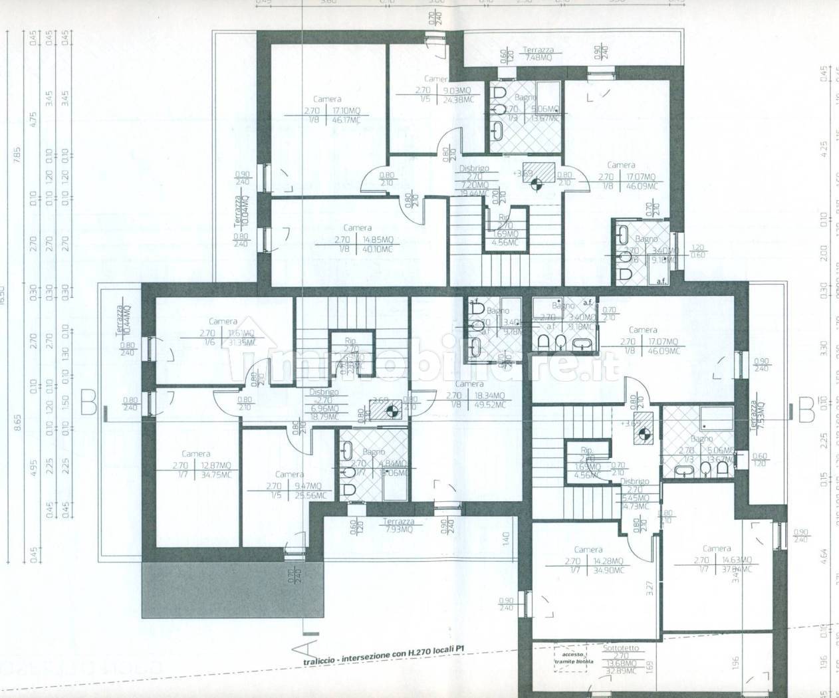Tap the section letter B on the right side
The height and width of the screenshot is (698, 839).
point(806,407)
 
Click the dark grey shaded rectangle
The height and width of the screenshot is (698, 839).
point(233,588)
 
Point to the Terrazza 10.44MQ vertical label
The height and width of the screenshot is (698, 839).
point(120,322)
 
